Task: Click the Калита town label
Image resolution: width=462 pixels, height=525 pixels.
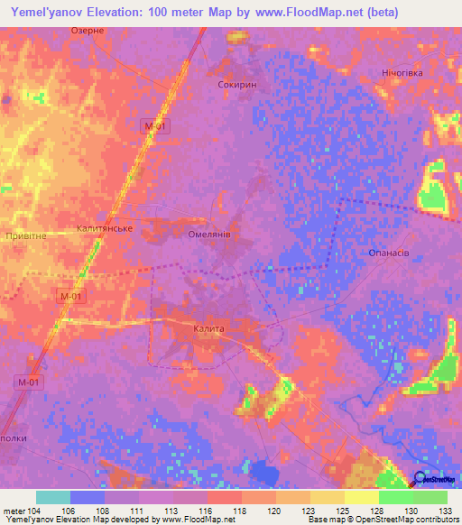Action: click(208, 329)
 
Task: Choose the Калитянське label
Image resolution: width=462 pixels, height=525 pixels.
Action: click(106, 229)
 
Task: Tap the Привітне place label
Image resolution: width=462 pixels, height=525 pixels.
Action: click(26, 235)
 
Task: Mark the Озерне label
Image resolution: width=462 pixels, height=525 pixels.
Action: click(88, 31)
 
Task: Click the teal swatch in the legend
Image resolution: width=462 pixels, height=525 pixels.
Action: click(53, 496)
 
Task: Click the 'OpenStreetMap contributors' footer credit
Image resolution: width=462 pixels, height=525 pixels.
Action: click(418, 520)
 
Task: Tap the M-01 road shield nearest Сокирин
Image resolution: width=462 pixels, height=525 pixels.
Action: click(156, 127)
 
